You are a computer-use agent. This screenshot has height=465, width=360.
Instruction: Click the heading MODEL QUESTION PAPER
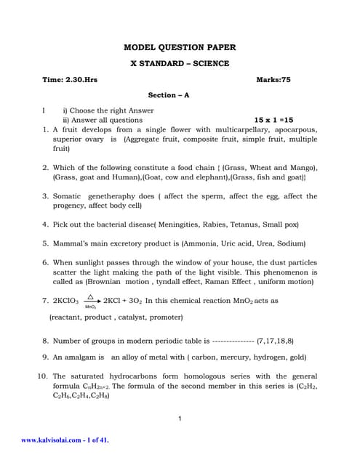180,47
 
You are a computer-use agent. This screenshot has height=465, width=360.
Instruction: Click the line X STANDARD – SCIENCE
180,64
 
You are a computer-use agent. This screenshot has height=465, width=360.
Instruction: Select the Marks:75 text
273,80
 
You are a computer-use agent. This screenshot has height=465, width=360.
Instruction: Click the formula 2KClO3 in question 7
66,300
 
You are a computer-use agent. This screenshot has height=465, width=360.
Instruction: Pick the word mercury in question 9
236,357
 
